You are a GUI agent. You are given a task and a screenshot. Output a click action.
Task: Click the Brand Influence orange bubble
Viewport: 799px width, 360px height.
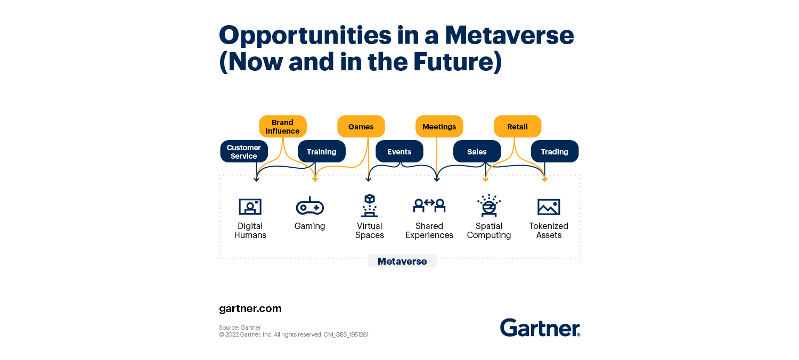(x=282, y=126)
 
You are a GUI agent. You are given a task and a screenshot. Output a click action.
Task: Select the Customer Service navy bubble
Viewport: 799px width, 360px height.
(x=244, y=151)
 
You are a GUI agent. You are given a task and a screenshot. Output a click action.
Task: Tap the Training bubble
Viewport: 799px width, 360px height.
(x=322, y=151)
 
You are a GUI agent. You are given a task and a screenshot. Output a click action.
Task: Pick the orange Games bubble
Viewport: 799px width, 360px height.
(x=361, y=126)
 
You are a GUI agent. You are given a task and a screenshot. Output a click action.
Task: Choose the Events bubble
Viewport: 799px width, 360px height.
(x=399, y=151)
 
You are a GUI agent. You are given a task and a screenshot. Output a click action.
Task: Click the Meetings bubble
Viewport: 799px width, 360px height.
(x=439, y=126)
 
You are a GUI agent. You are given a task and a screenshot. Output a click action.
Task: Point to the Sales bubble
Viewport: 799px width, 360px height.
(x=477, y=151)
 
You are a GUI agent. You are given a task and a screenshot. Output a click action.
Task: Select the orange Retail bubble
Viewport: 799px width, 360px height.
(x=518, y=126)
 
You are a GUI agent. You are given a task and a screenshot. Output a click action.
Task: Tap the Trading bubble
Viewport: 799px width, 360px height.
(x=555, y=151)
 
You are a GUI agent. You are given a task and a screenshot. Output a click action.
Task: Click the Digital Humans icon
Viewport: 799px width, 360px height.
(x=250, y=207)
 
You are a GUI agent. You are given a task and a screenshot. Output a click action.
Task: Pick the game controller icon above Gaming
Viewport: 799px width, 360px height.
(x=309, y=206)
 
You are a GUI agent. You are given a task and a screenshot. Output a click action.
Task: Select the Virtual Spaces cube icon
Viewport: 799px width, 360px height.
(x=370, y=206)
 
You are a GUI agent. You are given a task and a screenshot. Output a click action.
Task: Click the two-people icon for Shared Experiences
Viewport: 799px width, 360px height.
(x=429, y=205)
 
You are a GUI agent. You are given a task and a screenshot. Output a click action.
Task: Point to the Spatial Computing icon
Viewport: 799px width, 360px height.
(x=489, y=206)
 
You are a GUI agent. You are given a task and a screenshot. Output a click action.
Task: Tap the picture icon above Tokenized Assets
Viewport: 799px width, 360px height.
(x=549, y=207)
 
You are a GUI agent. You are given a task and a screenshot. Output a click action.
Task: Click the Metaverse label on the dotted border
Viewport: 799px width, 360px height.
(x=402, y=261)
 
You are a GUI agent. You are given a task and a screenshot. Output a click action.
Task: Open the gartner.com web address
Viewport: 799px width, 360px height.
(x=250, y=309)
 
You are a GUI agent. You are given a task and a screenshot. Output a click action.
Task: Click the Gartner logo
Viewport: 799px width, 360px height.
(x=540, y=328)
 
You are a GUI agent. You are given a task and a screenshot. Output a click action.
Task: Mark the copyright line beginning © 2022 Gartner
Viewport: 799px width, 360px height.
(x=293, y=334)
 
